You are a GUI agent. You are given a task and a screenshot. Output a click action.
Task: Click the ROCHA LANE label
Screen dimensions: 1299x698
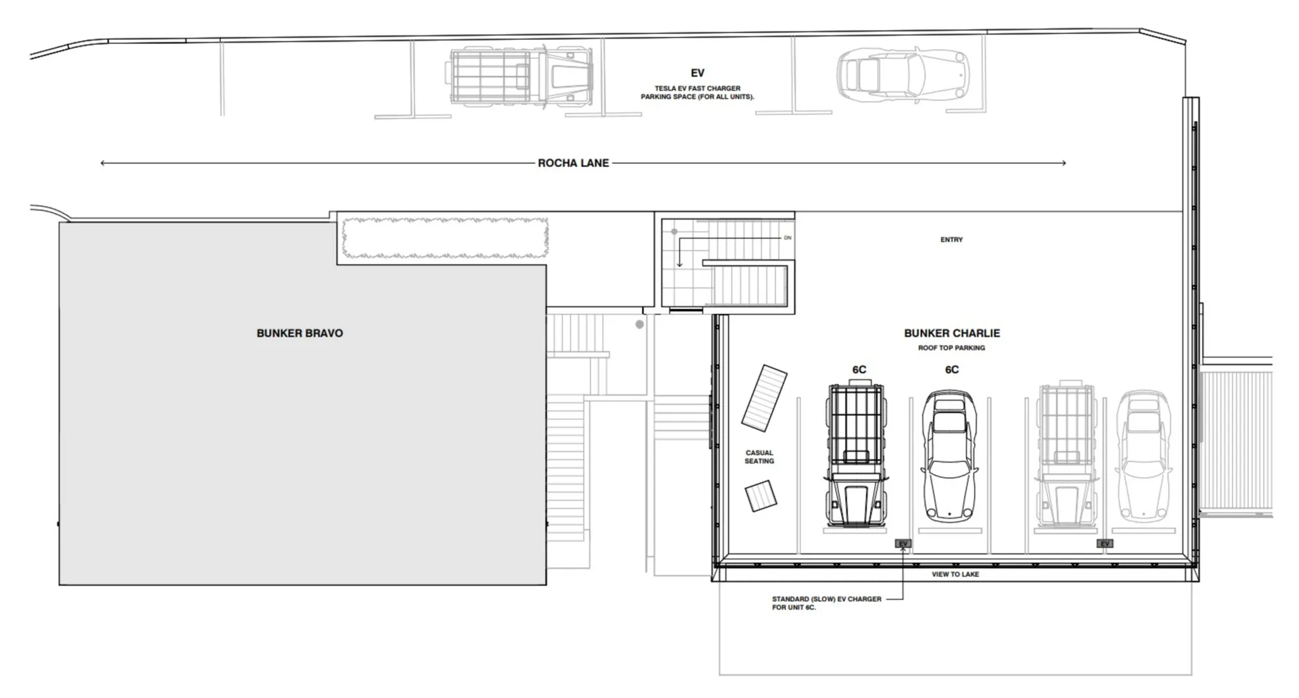(573, 163)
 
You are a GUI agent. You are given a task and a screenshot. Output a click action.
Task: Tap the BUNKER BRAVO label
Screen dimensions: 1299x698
(300, 333)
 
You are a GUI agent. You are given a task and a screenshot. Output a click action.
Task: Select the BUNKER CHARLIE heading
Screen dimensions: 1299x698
(952, 333)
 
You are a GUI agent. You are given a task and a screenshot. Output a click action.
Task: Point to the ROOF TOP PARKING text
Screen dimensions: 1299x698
(951, 348)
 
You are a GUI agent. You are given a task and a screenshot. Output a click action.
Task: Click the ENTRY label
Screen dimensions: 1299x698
(951, 239)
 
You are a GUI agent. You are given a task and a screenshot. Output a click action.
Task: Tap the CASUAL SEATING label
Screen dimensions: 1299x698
(759, 457)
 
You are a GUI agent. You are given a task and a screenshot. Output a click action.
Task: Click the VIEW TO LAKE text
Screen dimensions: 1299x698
(955, 574)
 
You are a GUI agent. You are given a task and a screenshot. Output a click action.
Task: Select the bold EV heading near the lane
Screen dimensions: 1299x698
(698, 73)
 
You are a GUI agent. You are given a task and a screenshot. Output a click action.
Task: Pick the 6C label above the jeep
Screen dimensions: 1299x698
(859, 370)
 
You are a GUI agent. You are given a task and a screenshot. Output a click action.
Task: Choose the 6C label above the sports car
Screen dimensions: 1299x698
(952, 370)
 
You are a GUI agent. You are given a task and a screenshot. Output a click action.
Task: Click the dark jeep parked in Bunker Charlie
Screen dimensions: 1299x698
(856, 454)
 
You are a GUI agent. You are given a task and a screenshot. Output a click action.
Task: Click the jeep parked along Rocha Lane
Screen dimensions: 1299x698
(519, 74)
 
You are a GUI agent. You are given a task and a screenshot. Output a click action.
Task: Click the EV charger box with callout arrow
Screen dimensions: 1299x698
(903, 543)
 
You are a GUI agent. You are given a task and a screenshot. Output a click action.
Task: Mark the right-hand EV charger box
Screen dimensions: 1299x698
(1105, 543)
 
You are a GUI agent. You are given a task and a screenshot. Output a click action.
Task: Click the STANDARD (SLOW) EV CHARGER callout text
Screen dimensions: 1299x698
(827, 603)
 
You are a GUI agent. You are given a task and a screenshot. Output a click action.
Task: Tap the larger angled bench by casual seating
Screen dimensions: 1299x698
(765, 399)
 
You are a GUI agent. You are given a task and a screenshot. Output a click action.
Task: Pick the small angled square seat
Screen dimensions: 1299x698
(761, 496)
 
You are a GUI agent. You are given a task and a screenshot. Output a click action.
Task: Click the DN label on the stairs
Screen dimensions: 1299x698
(788, 238)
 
